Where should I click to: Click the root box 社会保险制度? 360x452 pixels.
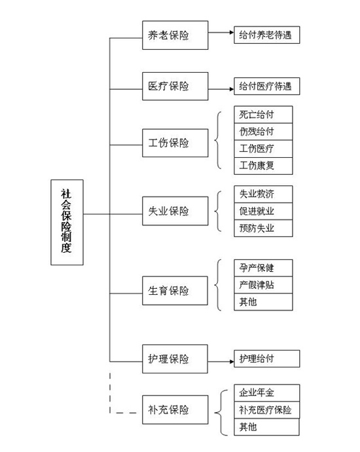[x=67, y=222]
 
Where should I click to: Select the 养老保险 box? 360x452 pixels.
[x=175, y=35]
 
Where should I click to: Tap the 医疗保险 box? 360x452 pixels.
[x=175, y=86]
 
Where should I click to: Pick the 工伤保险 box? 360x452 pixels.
[x=175, y=143]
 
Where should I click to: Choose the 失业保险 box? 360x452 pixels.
[x=175, y=211]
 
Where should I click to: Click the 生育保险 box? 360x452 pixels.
[x=175, y=291]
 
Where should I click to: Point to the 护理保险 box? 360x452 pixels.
[x=175, y=359]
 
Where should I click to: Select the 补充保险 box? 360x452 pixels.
[x=175, y=409]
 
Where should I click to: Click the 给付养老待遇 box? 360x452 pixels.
[x=266, y=35]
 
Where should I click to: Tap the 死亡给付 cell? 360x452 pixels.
[x=263, y=115]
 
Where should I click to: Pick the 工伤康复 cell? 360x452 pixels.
[x=263, y=166]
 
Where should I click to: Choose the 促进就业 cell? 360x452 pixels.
[x=263, y=212]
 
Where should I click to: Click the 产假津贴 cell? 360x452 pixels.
[x=263, y=285]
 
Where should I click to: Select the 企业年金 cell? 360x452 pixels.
[x=266, y=392]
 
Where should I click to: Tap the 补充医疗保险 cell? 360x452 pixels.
[x=266, y=409]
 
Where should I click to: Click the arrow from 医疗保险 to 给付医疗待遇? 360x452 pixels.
[x=221, y=89]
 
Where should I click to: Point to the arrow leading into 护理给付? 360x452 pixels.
[x=221, y=362]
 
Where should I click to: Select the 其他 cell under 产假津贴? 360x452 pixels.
[x=263, y=302]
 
